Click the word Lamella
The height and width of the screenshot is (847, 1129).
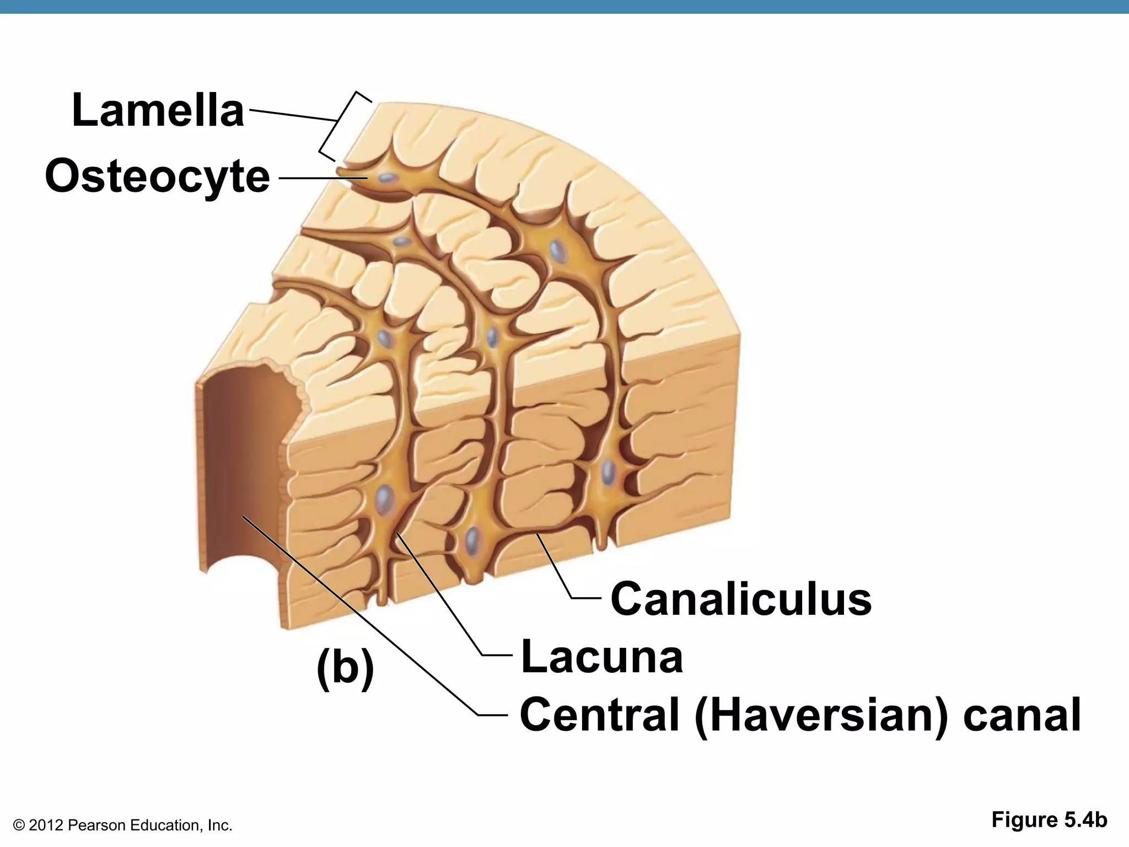(158, 111)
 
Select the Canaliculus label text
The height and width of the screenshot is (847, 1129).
(741, 599)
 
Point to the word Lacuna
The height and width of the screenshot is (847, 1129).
(601, 656)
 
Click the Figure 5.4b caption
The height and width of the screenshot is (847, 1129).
(1049, 820)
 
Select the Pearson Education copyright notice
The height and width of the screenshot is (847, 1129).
(122, 825)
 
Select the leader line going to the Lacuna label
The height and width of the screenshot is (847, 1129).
(441, 596)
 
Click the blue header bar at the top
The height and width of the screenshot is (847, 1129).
(564, 7)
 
